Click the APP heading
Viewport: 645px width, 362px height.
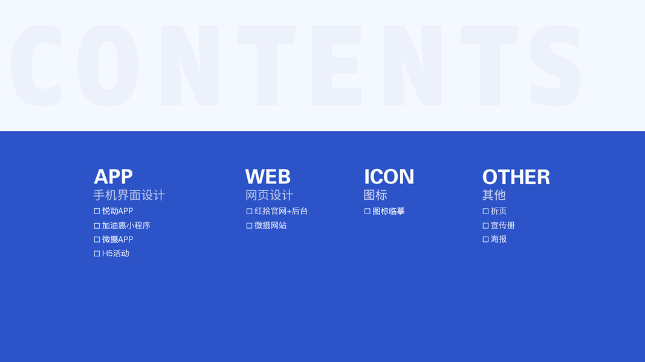[x=113, y=177]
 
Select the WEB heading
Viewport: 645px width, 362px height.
[x=268, y=177]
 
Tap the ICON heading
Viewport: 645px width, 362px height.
[x=389, y=177]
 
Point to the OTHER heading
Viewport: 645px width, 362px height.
[x=516, y=177]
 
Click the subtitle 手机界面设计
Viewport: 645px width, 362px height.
[x=129, y=195]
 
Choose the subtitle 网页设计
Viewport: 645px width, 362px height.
[x=269, y=195]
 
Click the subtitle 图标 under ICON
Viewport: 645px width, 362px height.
[x=375, y=195]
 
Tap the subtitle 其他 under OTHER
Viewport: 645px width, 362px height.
[x=494, y=195]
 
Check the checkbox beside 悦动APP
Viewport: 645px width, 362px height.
[x=97, y=211]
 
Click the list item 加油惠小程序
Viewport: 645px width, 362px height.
[x=126, y=225]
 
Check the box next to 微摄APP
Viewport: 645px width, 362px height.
[x=97, y=240]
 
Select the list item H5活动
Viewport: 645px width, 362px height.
[x=115, y=253]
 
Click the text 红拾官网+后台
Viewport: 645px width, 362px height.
[x=281, y=211]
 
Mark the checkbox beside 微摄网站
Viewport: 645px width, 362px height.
[x=249, y=226]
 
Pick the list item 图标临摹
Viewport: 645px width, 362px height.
[x=388, y=211]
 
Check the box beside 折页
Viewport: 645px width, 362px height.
[x=486, y=211]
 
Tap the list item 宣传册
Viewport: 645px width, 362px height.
[x=503, y=225]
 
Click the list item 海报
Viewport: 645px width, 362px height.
[x=499, y=239]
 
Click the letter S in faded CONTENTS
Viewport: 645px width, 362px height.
[x=556, y=65]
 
